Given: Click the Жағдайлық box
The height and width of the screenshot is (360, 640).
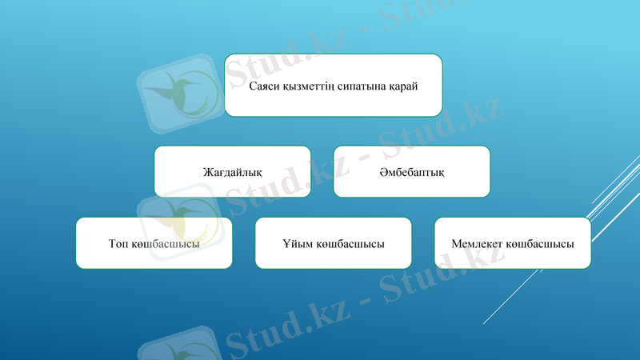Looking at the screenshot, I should [x=232, y=171].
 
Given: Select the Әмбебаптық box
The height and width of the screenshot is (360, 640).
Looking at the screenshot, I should [x=411, y=171].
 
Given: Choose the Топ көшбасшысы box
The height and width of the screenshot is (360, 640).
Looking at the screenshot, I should [x=154, y=243].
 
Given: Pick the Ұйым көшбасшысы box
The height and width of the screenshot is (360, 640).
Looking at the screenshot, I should [x=333, y=243].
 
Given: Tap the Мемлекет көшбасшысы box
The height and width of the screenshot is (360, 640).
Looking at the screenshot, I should [x=512, y=243].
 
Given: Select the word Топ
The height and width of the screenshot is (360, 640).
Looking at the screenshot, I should [x=118, y=243].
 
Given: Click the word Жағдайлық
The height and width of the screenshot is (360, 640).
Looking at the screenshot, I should [x=232, y=171].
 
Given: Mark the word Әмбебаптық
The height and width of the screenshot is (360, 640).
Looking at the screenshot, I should [x=411, y=171].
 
